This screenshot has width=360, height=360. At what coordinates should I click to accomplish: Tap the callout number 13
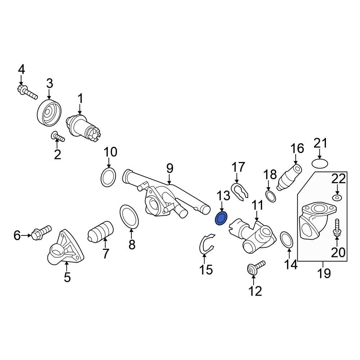click(223, 196)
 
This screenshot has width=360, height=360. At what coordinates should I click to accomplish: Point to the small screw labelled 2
click(58, 136)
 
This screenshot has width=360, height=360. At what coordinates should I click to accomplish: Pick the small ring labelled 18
click(271, 196)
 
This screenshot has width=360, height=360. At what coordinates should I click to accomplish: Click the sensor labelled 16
click(289, 176)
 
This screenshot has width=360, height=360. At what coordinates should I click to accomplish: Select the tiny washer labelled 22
click(337, 198)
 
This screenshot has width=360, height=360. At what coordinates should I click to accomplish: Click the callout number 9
click(170, 168)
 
